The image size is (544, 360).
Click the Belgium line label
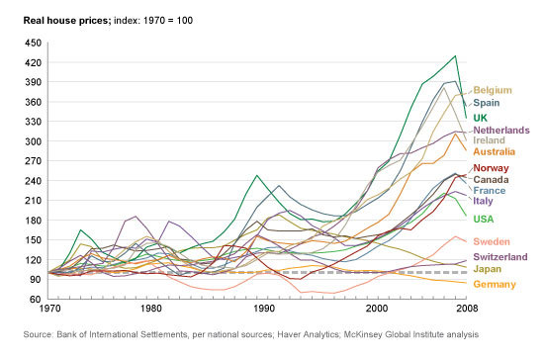493,91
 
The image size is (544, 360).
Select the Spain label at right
487,103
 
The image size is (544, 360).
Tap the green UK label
480,118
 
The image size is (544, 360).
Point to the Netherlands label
501,131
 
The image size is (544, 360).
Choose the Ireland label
489,140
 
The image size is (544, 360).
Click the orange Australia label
494,151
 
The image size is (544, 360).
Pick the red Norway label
491,168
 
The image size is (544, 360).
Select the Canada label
491,180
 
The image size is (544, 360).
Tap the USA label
484,219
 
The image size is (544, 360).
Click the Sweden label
492,241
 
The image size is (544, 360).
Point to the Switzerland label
500,257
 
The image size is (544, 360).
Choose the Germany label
495,285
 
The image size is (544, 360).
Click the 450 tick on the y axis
33,43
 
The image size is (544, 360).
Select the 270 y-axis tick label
33,161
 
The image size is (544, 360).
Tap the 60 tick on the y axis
36,299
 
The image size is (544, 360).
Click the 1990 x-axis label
264,309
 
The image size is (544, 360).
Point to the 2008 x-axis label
467,309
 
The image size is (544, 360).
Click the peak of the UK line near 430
455,55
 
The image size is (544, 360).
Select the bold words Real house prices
67,21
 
